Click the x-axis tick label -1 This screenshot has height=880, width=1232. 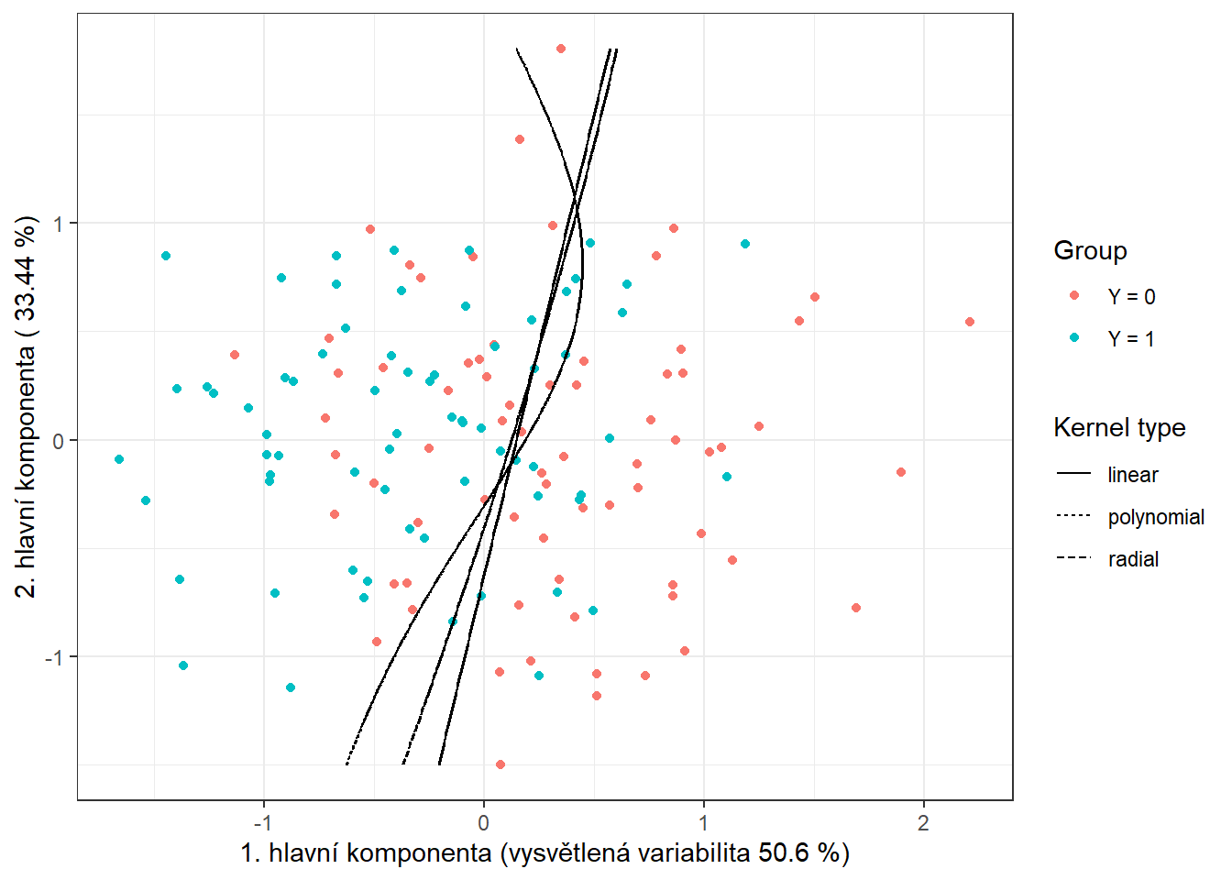[263, 822]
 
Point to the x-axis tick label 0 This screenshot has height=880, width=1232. [484, 822]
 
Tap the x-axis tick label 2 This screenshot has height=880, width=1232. [923, 822]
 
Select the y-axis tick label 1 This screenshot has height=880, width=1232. [60, 224]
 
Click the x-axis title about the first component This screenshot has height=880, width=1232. [544, 853]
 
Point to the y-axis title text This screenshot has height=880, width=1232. [27, 406]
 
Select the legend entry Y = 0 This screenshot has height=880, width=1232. [1131, 297]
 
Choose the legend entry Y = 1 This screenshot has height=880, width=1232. [1131, 339]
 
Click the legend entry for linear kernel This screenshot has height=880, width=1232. [1132, 475]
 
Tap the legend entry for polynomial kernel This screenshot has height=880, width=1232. [1155, 517]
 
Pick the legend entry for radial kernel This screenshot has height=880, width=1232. [1133, 559]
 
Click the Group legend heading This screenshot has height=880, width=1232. [1090, 251]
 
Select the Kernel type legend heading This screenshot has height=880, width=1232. [1119, 428]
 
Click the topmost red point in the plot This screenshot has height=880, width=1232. [561, 49]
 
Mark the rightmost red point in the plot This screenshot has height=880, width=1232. [970, 322]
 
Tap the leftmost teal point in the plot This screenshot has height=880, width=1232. [119, 459]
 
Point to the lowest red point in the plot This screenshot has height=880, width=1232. [500, 764]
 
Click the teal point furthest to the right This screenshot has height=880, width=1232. [745, 244]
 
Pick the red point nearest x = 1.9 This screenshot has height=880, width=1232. [901, 472]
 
